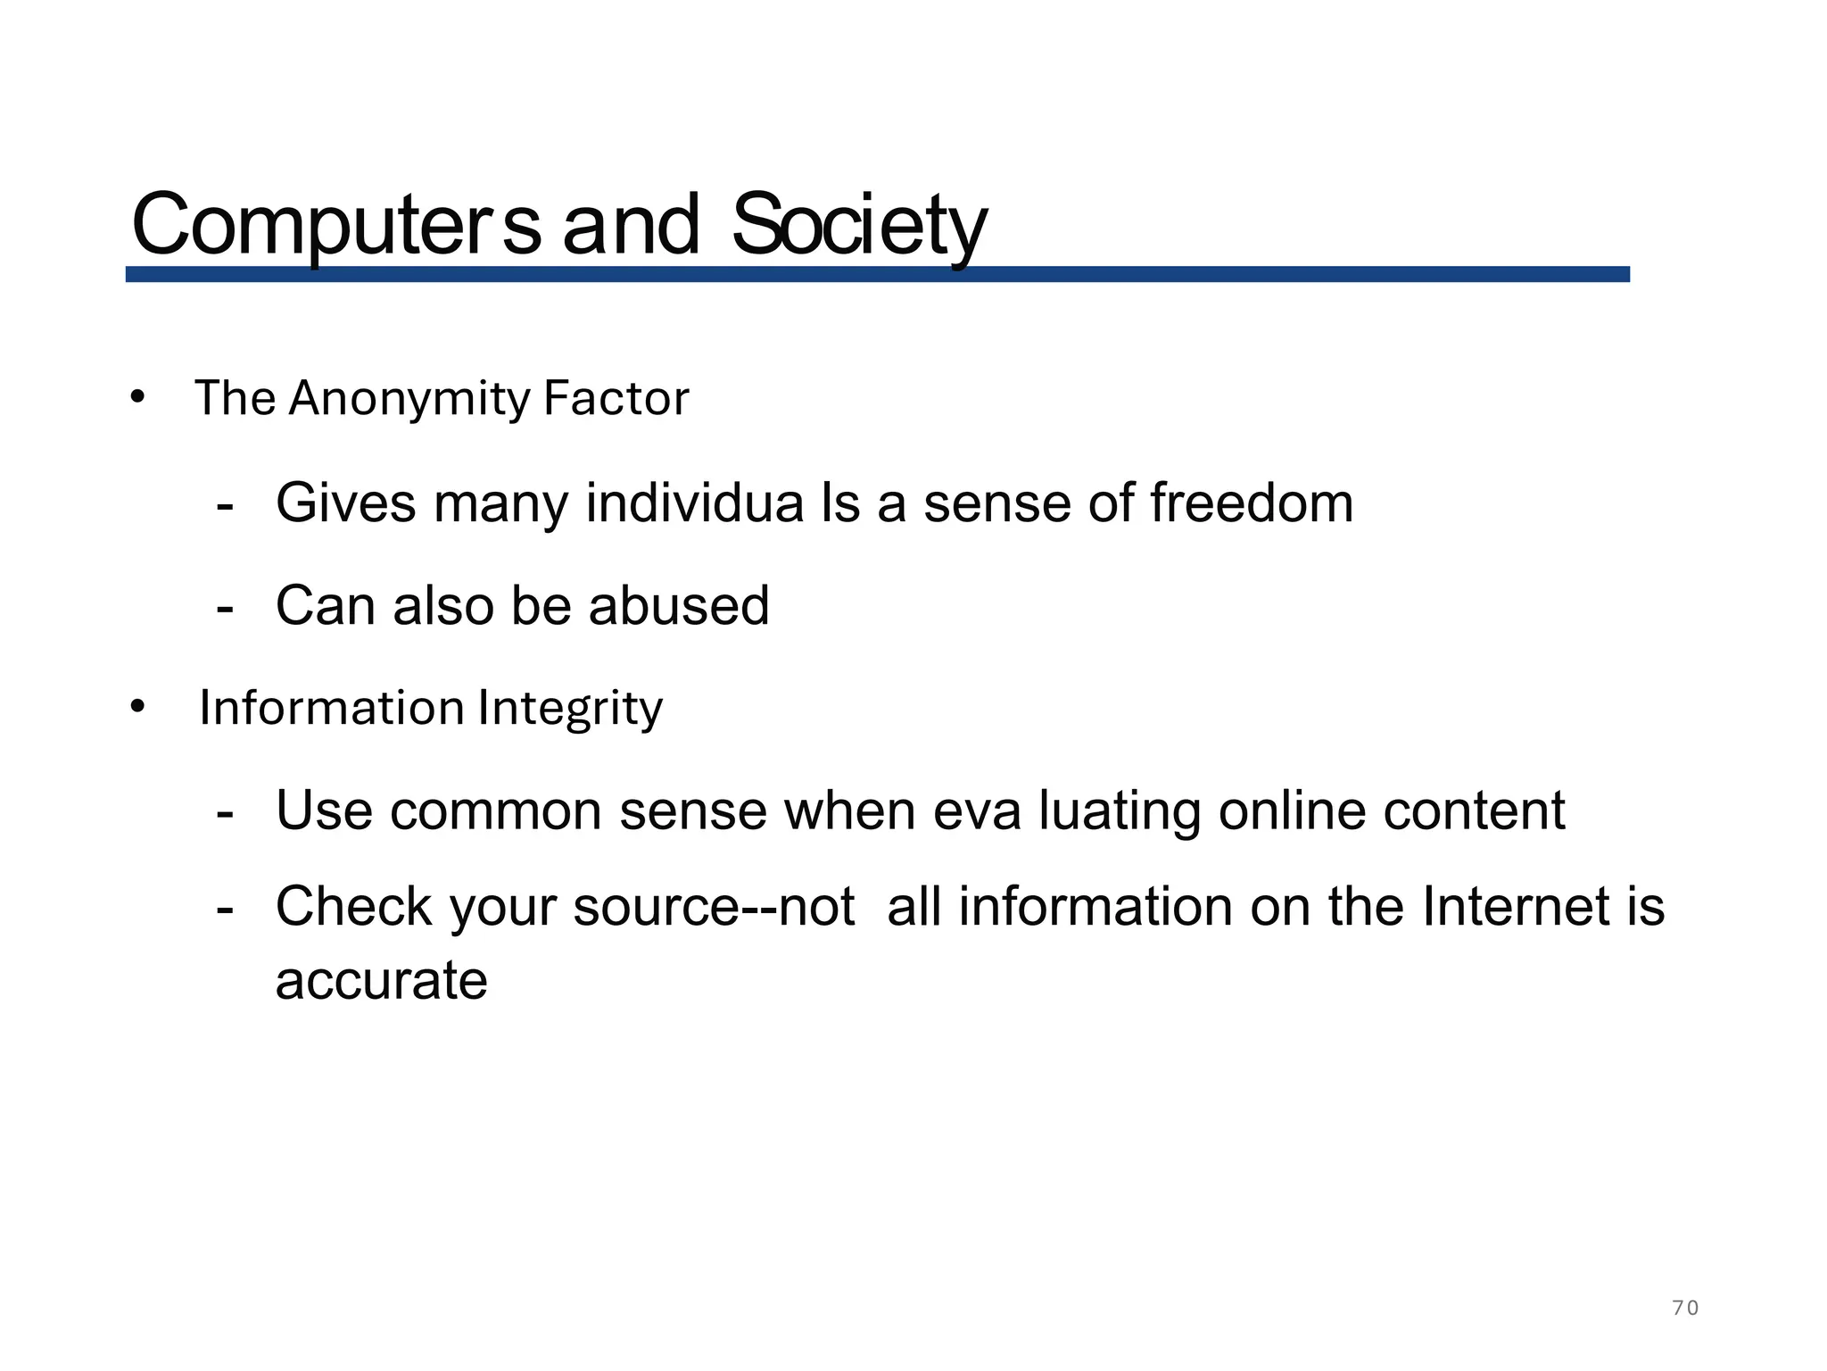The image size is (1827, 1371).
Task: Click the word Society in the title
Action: [x=858, y=225]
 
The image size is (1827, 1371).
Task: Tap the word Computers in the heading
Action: [x=335, y=225]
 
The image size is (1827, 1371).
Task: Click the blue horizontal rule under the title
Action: [x=877, y=274]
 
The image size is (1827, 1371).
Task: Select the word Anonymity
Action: [x=409, y=399]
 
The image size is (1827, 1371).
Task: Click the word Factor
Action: [x=616, y=398]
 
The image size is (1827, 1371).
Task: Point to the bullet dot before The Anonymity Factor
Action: [x=136, y=396]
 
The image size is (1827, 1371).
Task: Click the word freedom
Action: [x=1251, y=503]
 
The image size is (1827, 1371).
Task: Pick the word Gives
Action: [x=346, y=503]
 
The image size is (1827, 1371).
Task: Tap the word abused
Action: [x=679, y=605]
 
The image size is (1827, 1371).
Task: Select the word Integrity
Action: [x=570, y=709]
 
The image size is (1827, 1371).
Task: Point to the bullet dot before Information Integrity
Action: [x=136, y=707]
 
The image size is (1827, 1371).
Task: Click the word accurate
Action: [x=382, y=981]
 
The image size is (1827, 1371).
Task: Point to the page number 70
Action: [x=1684, y=1309]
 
